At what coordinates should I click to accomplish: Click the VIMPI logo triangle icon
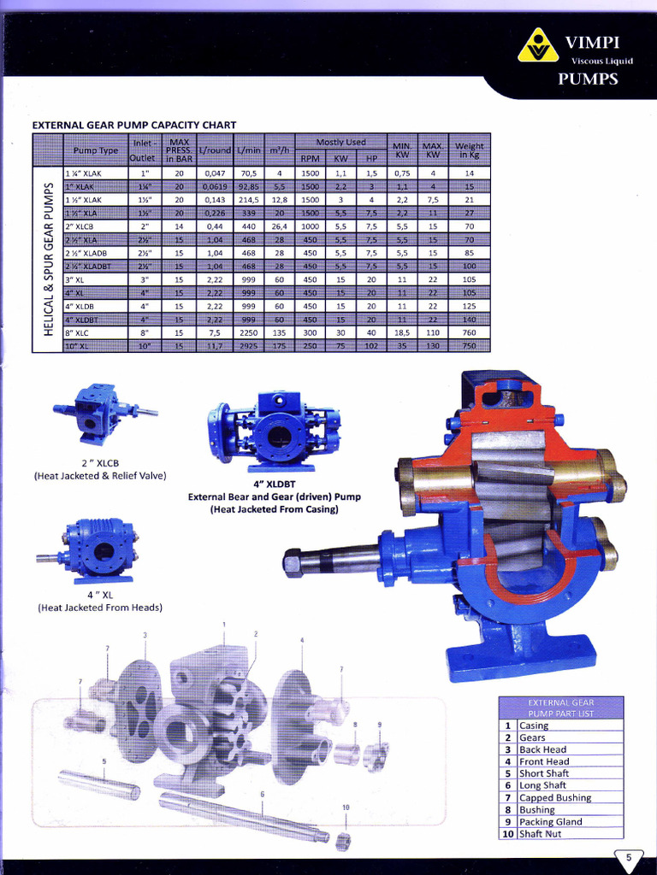pos(537,46)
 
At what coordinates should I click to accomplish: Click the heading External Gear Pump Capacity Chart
pos(133,125)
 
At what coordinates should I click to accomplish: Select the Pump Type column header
pos(96,150)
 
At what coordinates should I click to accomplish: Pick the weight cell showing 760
pos(469,332)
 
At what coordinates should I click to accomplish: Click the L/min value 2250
pos(248,332)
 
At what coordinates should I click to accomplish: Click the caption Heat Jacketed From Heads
pos(100,608)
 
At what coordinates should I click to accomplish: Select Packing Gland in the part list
pos(550,822)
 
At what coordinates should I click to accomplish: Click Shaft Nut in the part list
pos(540,834)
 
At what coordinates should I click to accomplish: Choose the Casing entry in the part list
pos(534,725)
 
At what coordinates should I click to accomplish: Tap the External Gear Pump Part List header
pos(560,708)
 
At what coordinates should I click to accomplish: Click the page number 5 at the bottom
pos(629,858)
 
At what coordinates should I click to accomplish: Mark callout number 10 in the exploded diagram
pos(346,807)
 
